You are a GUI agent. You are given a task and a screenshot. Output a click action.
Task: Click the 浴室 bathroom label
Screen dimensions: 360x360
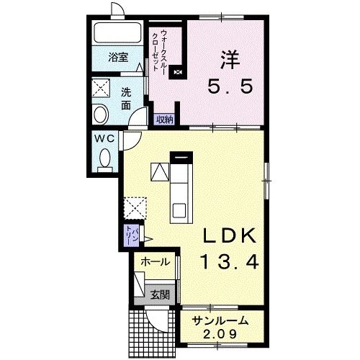[118, 58]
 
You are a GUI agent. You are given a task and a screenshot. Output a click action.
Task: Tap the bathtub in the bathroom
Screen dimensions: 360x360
[117, 33]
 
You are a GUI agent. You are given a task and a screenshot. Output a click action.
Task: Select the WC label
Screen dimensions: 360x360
[104, 138]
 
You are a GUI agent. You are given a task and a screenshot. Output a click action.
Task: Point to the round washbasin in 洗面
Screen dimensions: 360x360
[101, 114]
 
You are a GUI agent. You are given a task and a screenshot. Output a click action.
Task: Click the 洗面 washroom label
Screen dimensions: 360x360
[126, 99]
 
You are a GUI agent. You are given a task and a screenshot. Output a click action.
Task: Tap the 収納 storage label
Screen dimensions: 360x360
[165, 120]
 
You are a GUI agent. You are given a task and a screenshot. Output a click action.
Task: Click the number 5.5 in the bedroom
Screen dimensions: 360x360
[230, 86]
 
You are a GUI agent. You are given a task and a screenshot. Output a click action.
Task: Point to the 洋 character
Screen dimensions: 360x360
[230, 60]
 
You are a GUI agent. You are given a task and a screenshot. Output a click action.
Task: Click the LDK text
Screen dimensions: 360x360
[230, 235]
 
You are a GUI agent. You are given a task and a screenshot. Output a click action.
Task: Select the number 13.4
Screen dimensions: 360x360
[230, 261]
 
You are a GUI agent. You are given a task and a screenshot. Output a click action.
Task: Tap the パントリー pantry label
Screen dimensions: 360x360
[132, 235]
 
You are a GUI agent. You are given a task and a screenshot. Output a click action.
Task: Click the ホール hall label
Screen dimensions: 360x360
[156, 262]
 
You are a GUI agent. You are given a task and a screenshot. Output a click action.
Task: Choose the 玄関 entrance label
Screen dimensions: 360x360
[160, 294]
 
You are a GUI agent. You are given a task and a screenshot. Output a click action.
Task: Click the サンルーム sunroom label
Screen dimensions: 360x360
[220, 321]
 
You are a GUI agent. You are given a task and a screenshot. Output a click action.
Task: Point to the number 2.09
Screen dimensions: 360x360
[220, 334]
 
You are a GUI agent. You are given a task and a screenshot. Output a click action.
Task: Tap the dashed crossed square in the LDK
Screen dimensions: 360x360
[135, 208]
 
